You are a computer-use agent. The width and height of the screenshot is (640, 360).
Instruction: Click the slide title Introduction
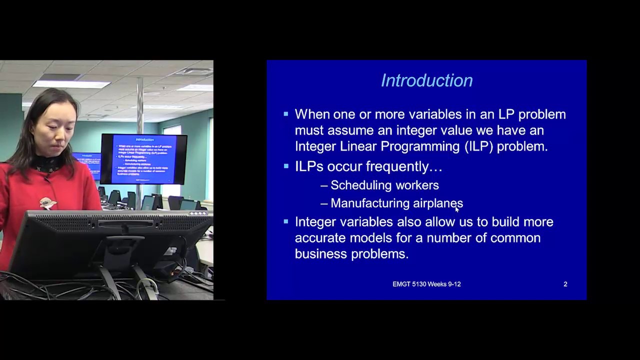[426, 80]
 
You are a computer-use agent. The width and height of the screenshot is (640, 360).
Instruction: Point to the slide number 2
[565, 284]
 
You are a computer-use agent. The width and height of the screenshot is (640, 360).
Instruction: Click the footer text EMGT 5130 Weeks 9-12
[426, 284]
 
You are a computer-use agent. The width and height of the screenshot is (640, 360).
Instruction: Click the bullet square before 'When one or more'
[286, 114]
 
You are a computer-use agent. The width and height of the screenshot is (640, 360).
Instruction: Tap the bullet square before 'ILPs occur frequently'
[286, 166]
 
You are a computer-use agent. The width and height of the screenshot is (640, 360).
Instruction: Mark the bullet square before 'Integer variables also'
[286, 221]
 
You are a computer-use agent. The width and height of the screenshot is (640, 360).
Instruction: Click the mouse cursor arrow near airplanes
[457, 209]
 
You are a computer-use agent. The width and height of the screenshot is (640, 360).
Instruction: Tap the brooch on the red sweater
[47, 202]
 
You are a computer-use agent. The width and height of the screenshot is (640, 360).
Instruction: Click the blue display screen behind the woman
[143, 159]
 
